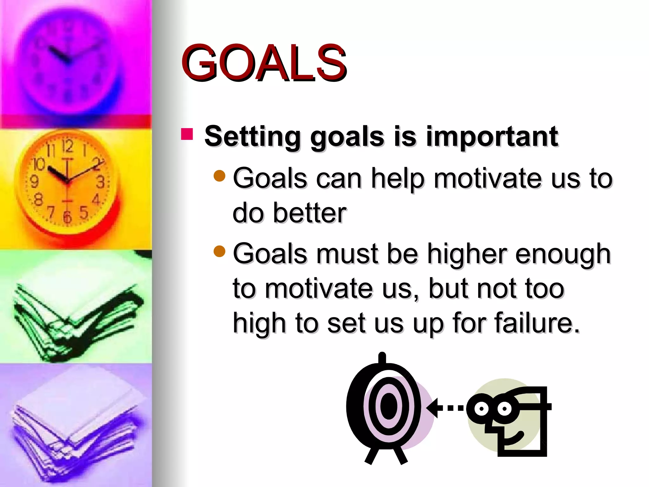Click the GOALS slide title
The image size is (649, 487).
(x=264, y=62)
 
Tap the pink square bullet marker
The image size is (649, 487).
(x=187, y=134)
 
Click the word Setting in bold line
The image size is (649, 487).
(x=252, y=137)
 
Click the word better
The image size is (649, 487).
(x=309, y=213)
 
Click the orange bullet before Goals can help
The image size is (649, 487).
(x=219, y=176)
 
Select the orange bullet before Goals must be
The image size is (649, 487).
(x=219, y=251)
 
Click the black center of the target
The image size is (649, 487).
(x=389, y=406)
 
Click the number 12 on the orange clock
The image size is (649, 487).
(x=67, y=146)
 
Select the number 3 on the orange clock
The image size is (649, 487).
(x=100, y=182)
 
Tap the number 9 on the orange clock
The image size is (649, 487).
(x=34, y=182)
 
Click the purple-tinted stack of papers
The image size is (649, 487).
(x=76, y=425)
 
